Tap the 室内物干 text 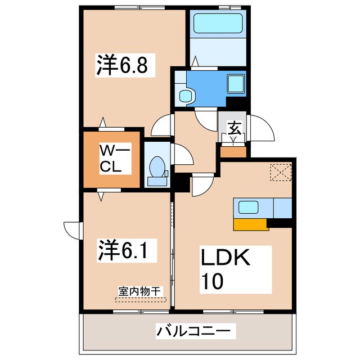click(140, 291)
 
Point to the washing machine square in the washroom click(236, 84)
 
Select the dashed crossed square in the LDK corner click(279, 173)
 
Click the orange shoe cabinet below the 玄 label click(233, 151)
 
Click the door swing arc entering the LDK click(200, 186)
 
